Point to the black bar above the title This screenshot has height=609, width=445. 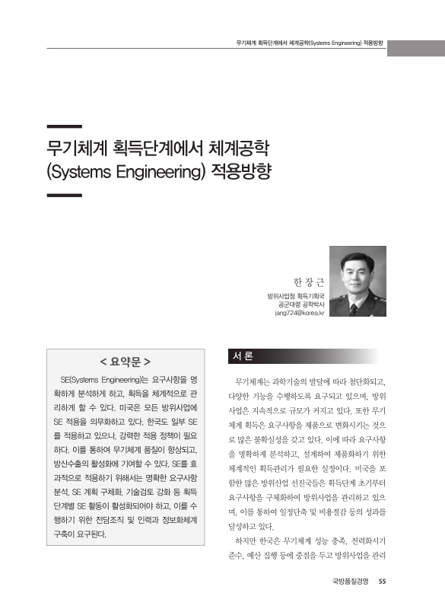point(64,126)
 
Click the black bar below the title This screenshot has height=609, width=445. point(64,196)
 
